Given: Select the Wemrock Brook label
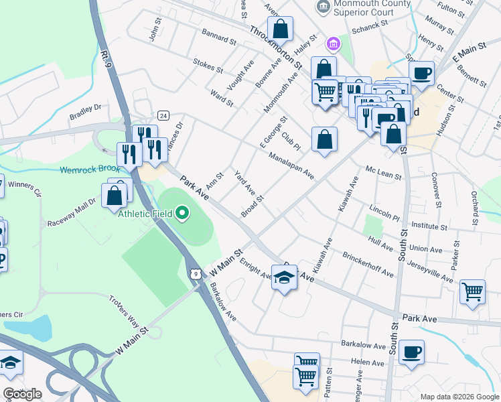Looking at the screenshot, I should click(x=89, y=170).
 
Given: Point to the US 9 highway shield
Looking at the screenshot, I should click(x=194, y=273).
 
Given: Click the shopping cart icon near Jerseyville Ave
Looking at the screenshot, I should click(x=473, y=292).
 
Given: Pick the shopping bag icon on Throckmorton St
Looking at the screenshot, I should click(x=281, y=29).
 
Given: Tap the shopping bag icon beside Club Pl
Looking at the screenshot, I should click(x=324, y=139).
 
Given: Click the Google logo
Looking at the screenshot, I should click(x=22, y=393).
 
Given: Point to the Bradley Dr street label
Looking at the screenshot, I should click(x=85, y=111).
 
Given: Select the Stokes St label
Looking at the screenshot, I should click(x=207, y=66).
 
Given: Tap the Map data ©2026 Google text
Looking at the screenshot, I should click(x=459, y=397).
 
